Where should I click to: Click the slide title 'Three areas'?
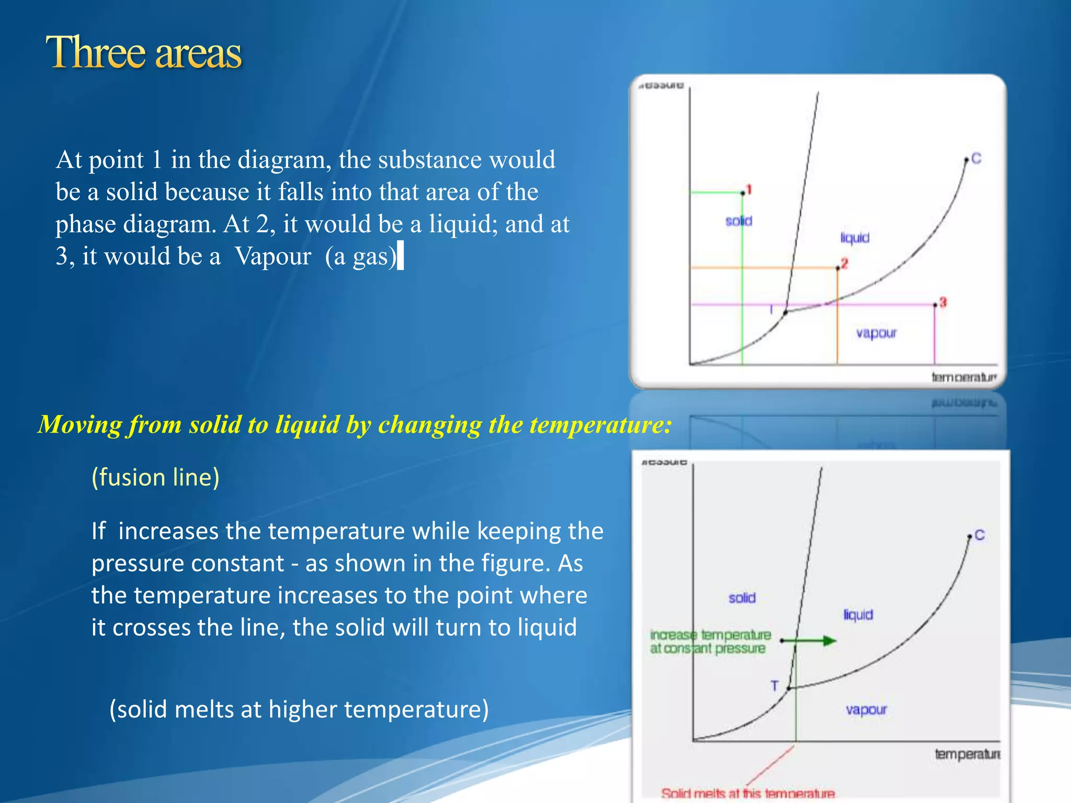coord(144,53)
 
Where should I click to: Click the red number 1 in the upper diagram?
coord(749,189)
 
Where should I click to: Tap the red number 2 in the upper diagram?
coord(844,263)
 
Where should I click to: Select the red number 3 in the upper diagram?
coord(943,302)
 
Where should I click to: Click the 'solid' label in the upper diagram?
coord(738,221)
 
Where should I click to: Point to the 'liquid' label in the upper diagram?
coord(854,238)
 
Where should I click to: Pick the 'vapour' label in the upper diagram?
coord(876,333)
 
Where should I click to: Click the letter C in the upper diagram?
coord(976,158)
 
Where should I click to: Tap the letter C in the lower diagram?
coord(979,535)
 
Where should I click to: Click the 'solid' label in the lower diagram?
coord(742,598)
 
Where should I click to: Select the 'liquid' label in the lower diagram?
coord(858,614)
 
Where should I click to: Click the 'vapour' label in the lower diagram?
coord(866,709)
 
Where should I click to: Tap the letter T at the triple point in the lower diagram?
coord(774,685)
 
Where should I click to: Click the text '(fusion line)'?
coord(155,477)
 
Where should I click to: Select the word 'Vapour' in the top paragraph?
coord(272,256)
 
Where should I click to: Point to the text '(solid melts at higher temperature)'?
coord(299,709)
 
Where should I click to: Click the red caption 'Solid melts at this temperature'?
coord(747,793)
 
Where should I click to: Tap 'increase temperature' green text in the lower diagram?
coord(710,635)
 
